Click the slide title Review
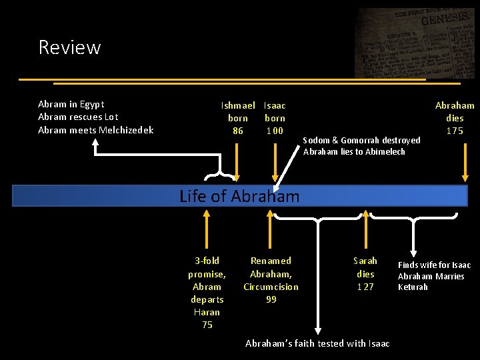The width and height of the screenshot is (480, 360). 69,47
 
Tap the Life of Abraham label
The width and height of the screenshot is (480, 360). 239,196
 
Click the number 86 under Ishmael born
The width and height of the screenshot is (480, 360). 238,131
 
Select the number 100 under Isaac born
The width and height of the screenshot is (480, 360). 274,131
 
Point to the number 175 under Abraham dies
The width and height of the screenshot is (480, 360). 455,131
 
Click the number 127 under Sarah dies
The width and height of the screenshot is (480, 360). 365,287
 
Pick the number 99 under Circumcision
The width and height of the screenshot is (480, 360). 271,299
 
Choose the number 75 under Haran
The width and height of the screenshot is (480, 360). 207,325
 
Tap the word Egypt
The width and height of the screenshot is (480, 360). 91,104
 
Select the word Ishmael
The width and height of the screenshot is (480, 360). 238,105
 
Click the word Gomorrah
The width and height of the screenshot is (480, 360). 353,140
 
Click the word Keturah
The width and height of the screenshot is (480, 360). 413,287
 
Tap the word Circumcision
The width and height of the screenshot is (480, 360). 271,287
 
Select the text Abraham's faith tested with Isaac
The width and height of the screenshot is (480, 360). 317,343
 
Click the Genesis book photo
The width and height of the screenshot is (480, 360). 415,43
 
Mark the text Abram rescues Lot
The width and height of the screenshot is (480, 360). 78,117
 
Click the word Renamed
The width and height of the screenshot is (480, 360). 271,261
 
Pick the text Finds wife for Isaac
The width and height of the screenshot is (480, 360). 434,265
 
